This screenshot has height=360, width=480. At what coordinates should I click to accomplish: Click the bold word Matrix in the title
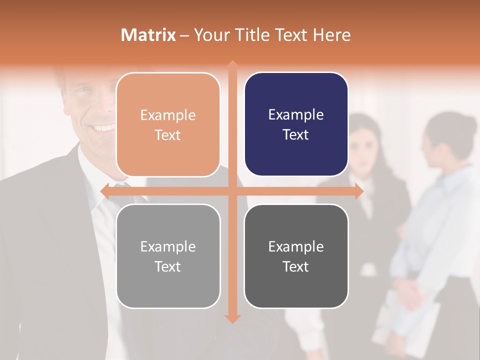pyautogui.click(x=148, y=35)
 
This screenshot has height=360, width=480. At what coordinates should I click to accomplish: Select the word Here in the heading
pyautogui.click(x=331, y=35)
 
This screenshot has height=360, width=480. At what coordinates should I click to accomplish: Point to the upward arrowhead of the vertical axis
pyautogui.click(x=232, y=64)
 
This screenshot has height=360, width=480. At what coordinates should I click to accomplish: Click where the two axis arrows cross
pyautogui.click(x=232, y=191)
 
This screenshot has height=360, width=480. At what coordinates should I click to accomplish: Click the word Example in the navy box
pyautogui.click(x=296, y=115)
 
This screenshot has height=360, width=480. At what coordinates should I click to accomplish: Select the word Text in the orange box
pyautogui.click(x=168, y=135)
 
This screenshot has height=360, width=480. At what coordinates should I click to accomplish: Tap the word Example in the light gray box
pyautogui.click(x=168, y=246)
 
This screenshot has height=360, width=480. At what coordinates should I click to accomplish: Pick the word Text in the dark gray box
pyautogui.click(x=296, y=267)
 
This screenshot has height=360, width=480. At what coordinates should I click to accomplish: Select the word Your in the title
pyautogui.click(x=209, y=35)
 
